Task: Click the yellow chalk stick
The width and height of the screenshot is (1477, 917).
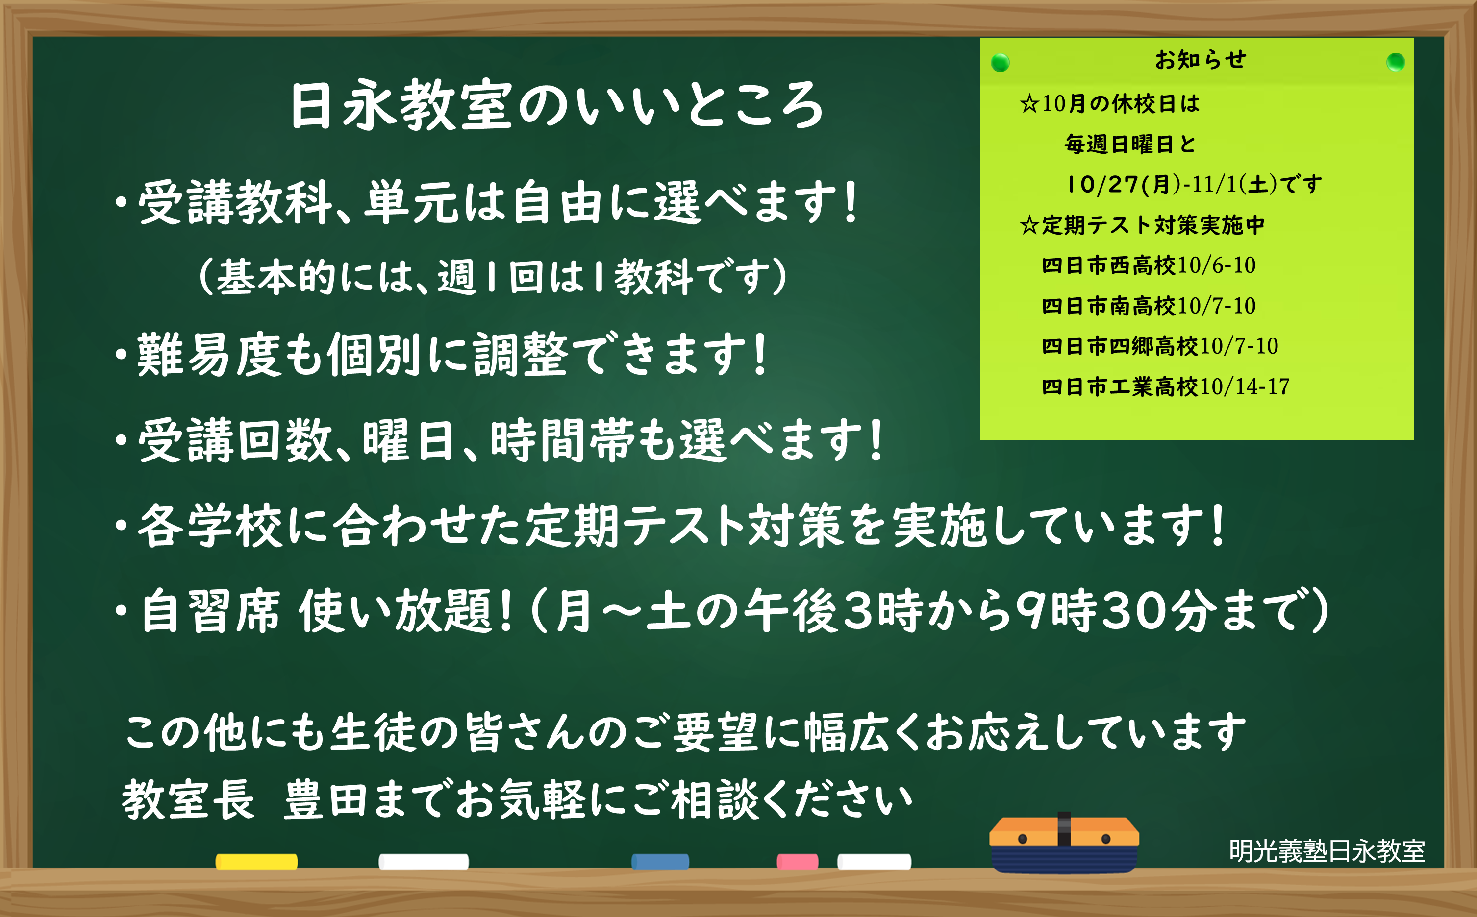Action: click(x=257, y=862)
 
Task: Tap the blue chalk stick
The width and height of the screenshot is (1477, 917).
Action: click(x=660, y=862)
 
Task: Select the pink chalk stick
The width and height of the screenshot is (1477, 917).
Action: click(x=798, y=862)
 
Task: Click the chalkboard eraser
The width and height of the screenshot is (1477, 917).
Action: click(x=1064, y=843)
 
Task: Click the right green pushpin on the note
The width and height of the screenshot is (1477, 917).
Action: click(x=1396, y=62)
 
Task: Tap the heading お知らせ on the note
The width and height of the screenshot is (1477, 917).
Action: click(x=1201, y=59)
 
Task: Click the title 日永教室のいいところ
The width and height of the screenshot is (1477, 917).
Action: click(x=557, y=105)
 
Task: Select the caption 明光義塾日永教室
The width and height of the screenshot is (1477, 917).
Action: click(x=1327, y=851)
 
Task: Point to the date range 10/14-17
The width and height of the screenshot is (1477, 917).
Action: click(x=1245, y=386)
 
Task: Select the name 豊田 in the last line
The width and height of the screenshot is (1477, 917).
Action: click(x=325, y=799)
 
